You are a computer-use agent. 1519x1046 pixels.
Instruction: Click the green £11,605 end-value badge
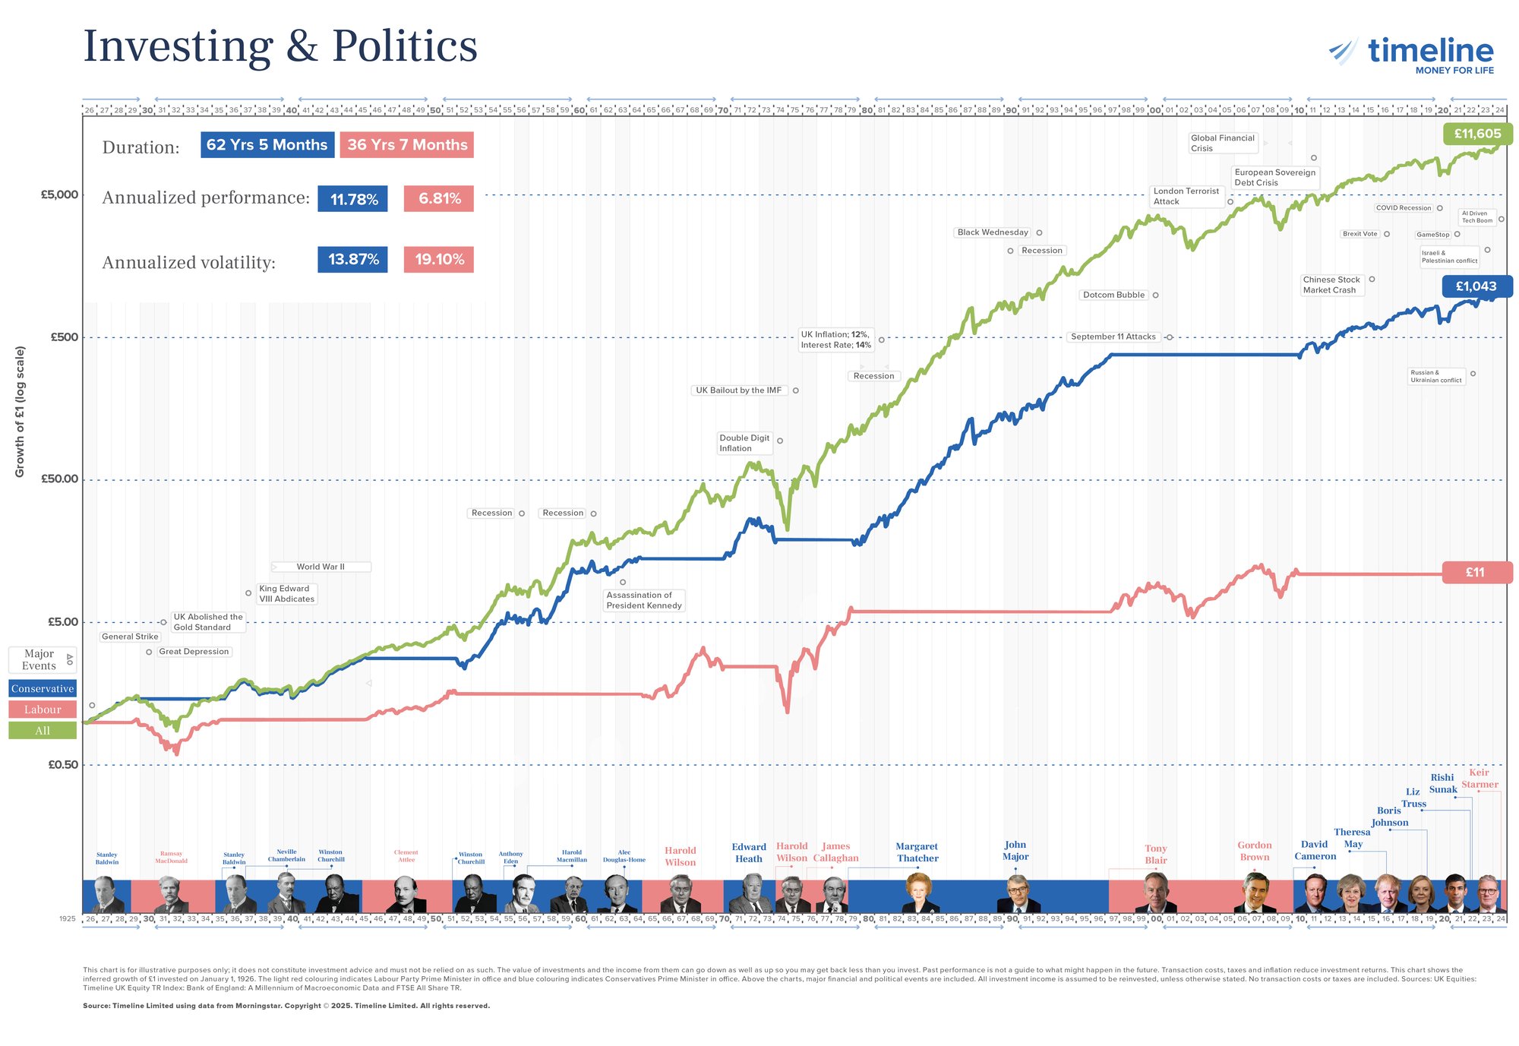pos(1477,134)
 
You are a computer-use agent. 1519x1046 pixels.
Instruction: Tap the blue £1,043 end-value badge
pos(1476,286)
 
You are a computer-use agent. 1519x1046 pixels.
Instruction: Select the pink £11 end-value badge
pos(1476,573)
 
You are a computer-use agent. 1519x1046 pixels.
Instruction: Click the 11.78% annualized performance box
pos(353,199)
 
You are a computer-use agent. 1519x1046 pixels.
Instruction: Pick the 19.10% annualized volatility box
pos(439,260)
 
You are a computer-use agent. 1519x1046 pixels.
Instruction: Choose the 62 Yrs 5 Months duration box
pos(267,145)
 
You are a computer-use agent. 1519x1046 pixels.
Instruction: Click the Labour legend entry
pos(43,709)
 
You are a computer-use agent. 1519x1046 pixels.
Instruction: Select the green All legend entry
pos(43,731)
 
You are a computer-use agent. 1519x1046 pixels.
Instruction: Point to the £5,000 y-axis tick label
pos(59,194)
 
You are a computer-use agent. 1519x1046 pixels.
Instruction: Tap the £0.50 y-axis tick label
pos(63,765)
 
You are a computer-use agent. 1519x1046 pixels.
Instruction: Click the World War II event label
pos(321,567)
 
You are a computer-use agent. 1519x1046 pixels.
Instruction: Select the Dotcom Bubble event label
pos(1113,295)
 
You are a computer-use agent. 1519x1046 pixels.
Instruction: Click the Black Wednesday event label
pos(992,232)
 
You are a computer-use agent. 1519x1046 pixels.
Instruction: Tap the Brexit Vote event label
pos(1360,234)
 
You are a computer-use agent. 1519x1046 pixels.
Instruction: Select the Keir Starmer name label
pos(1480,779)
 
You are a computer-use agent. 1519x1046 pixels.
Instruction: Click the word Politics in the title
pos(404,46)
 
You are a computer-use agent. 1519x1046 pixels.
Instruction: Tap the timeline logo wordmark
pos(1430,51)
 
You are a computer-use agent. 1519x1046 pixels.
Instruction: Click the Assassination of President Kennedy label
pos(643,600)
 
